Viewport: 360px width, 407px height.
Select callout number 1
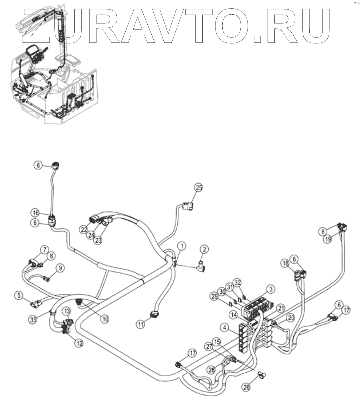tap(182, 246)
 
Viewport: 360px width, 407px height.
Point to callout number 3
tap(270, 289)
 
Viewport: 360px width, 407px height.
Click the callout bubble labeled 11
tap(141, 324)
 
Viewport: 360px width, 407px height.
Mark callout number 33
tap(33, 319)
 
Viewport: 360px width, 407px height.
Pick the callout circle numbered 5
tap(19, 295)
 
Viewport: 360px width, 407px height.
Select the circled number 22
tap(84, 229)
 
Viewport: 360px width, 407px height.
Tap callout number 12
tap(79, 343)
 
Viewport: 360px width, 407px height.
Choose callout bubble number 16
tap(36, 213)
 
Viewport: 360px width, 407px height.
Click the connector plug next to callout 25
tap(188, 206)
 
